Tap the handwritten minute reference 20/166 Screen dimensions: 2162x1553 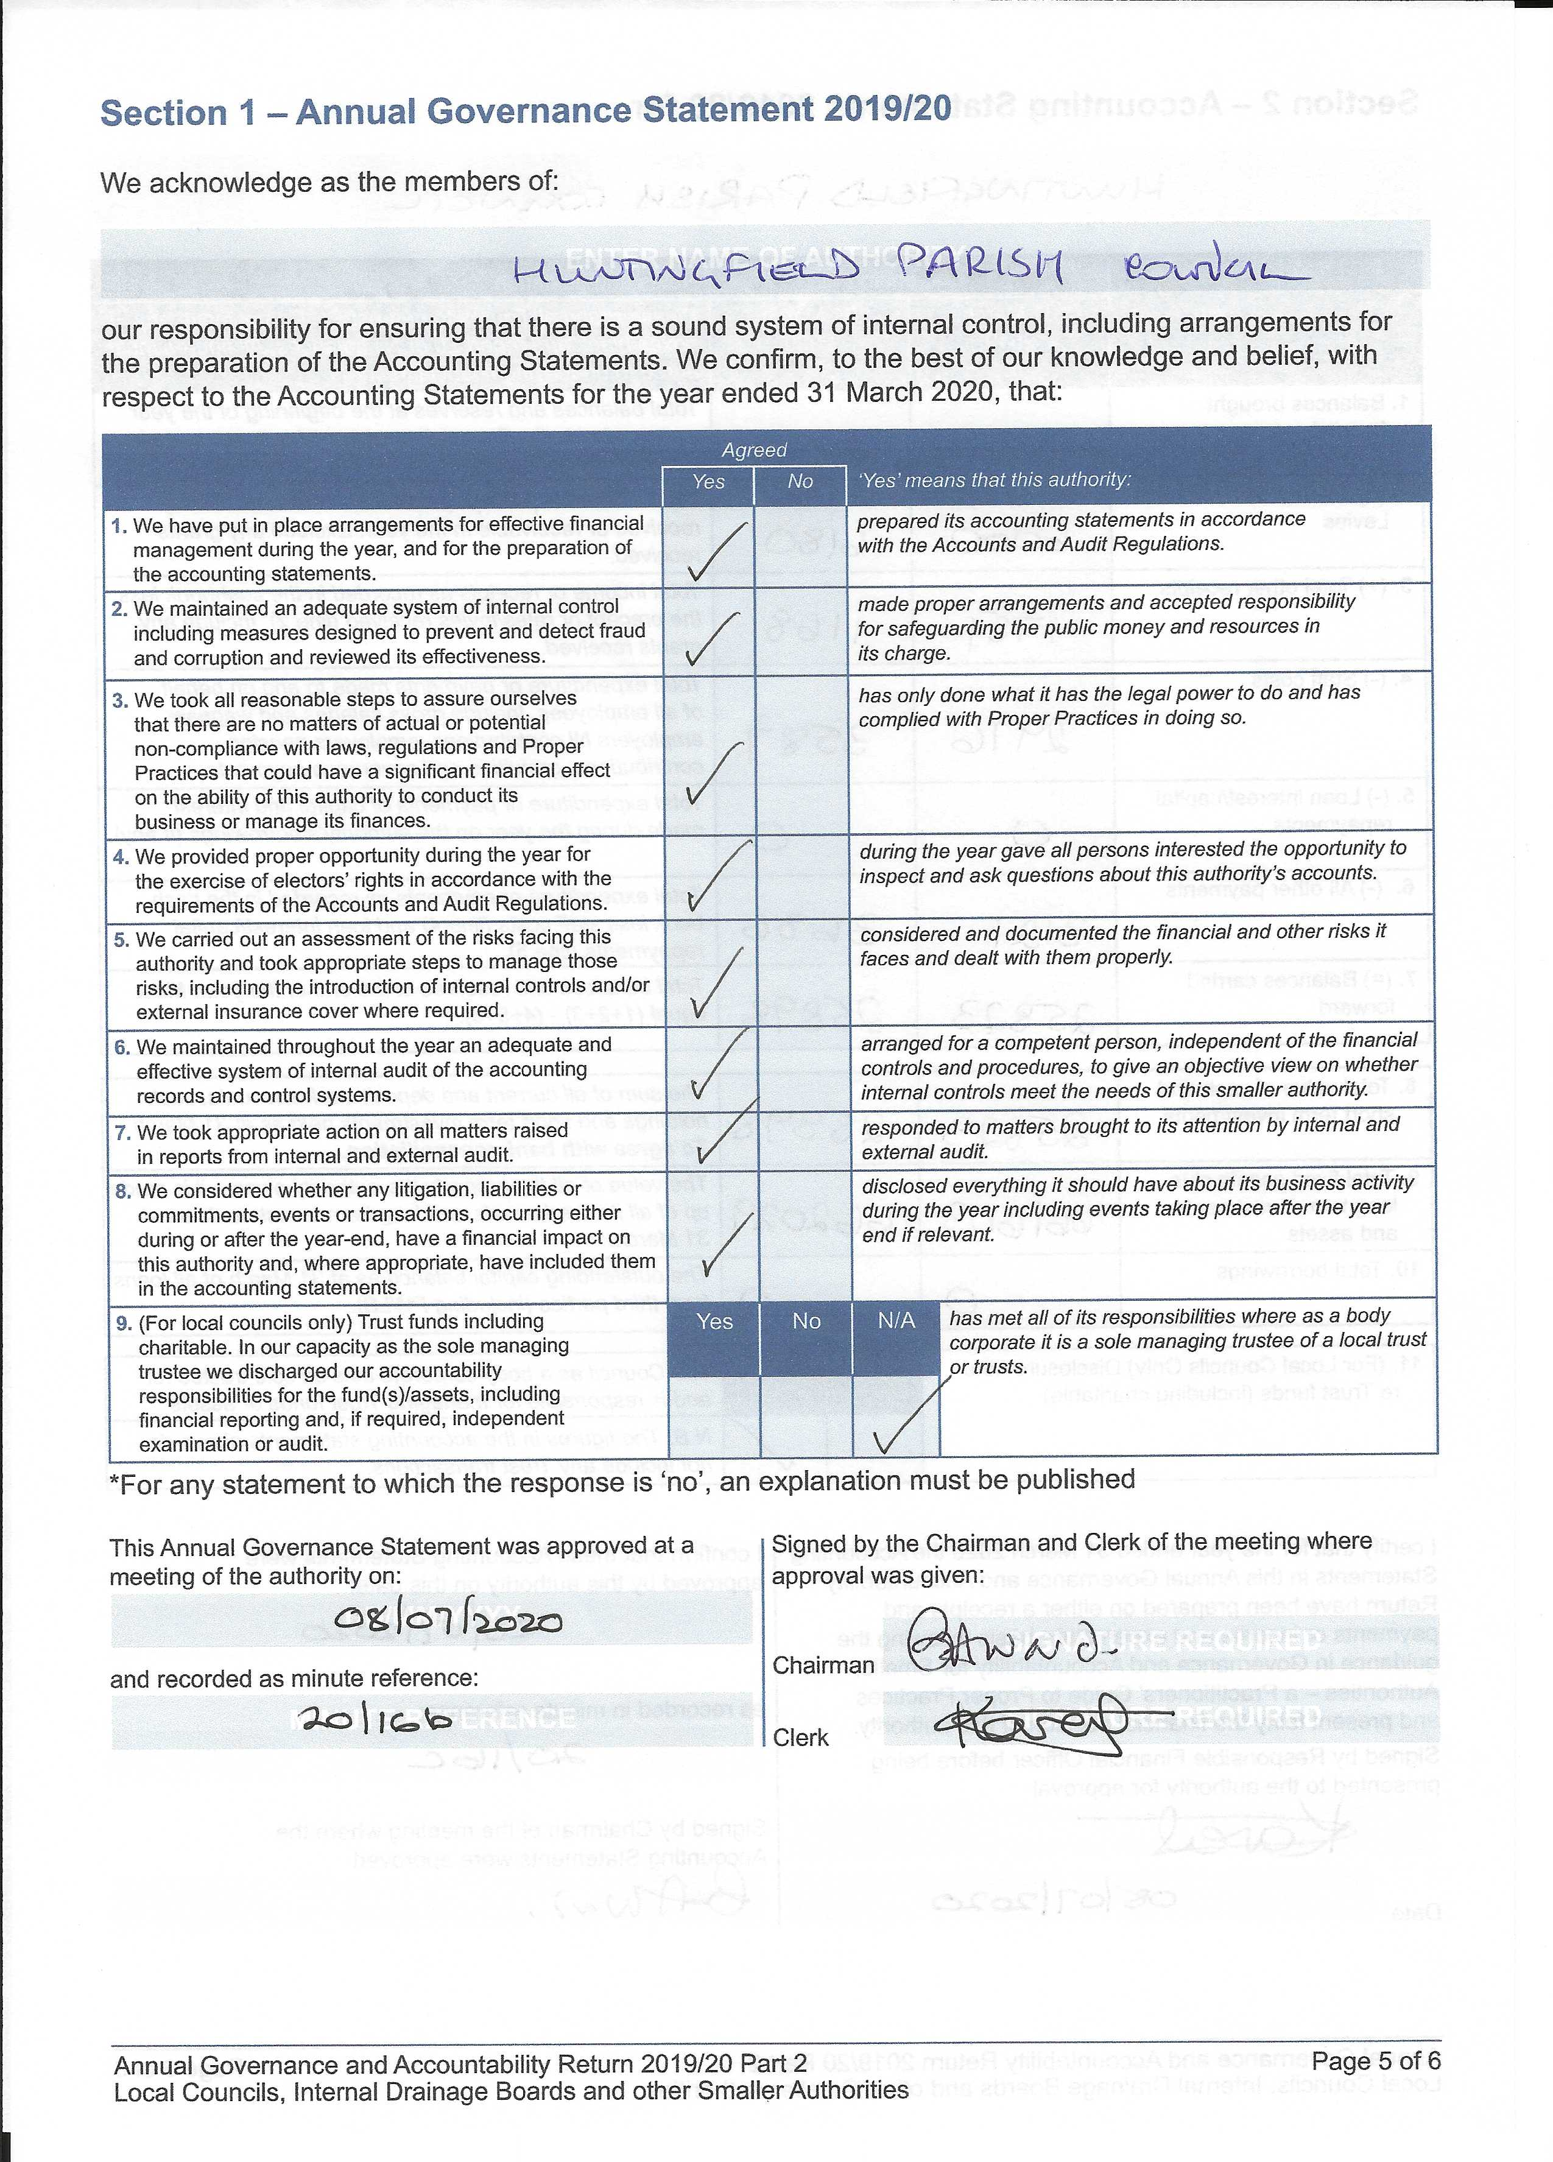tap(374, 1719)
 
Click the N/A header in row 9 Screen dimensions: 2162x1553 tap(896, 1320)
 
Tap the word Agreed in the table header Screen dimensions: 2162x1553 tap(754, 450)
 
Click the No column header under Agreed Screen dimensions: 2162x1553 tap(800, 481)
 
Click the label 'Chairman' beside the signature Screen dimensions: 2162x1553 tap(823, 1664)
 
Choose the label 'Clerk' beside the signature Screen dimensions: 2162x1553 tap(801, 1738)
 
